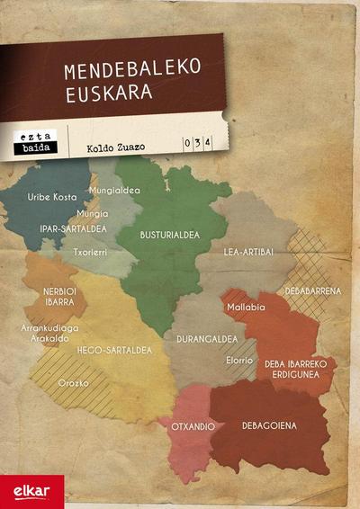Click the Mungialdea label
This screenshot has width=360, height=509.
click(x=114, y=190)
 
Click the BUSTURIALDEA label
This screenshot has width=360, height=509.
click(x=168, y=234)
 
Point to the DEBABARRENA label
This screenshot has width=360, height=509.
click(x=312, y=290)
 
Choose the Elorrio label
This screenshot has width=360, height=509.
click(x=240, y=360)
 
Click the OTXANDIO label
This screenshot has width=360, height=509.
click(x=193, y=425)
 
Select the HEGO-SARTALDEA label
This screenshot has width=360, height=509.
click(x=115, y=349)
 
